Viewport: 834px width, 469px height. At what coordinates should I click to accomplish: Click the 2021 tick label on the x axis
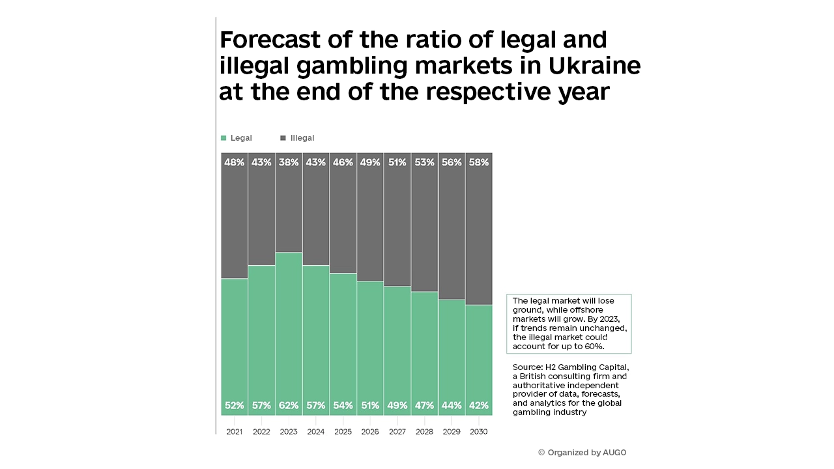click(x=235, y=431)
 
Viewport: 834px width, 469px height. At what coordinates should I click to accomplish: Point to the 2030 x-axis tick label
click(x=478, y=431)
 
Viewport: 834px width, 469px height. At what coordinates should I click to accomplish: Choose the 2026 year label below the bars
click(x=370, y=431)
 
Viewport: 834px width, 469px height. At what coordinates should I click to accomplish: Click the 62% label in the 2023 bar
click(x=289, y=405)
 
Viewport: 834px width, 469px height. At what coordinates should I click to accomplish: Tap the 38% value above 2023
click(x=289, y=162)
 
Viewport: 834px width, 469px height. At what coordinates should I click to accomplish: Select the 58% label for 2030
click(x=478, y=162)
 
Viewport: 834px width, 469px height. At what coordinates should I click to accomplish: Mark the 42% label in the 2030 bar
click(x=478, y=405)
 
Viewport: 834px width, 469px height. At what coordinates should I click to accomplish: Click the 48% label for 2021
click(x=235, y=162)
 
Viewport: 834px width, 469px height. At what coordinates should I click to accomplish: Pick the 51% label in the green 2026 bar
click(x=370, y=405)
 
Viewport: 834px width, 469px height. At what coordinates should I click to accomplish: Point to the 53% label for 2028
click(x=424, y=162)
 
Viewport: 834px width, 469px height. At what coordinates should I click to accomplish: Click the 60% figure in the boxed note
click(x=594, y=347)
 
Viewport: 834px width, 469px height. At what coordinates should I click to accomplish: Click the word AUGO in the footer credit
click(x=614, y=452)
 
